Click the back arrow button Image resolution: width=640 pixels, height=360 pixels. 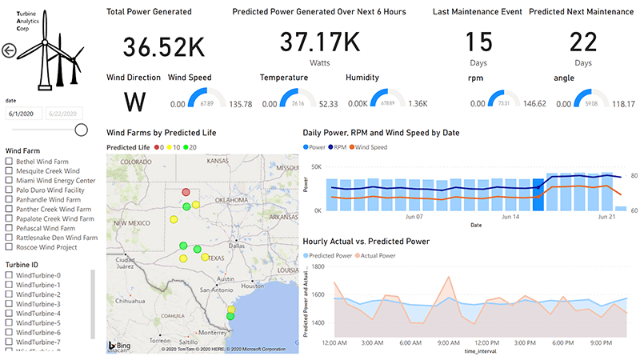pos(10,51)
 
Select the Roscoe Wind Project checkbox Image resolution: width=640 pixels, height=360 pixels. pos(10,247)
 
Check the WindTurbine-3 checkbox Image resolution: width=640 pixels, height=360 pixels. pos(10,304)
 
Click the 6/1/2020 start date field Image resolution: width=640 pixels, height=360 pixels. pos(24,114)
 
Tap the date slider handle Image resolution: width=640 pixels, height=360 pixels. pos(81,130)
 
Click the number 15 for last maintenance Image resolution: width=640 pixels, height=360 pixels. pos(478,42)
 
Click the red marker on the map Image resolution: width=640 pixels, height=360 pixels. pos(186,192)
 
